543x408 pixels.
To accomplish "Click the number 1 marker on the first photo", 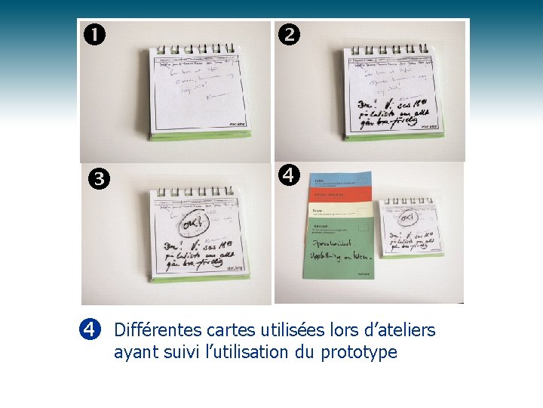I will (95, 35).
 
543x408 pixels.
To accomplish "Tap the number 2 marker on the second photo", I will (289, 34).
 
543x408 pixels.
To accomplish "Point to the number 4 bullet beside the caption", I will (89, 329).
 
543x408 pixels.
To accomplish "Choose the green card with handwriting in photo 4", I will (339, 249).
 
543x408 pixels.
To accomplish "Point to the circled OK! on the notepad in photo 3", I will (189, 224).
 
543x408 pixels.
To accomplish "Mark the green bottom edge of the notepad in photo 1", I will (198, 137).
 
